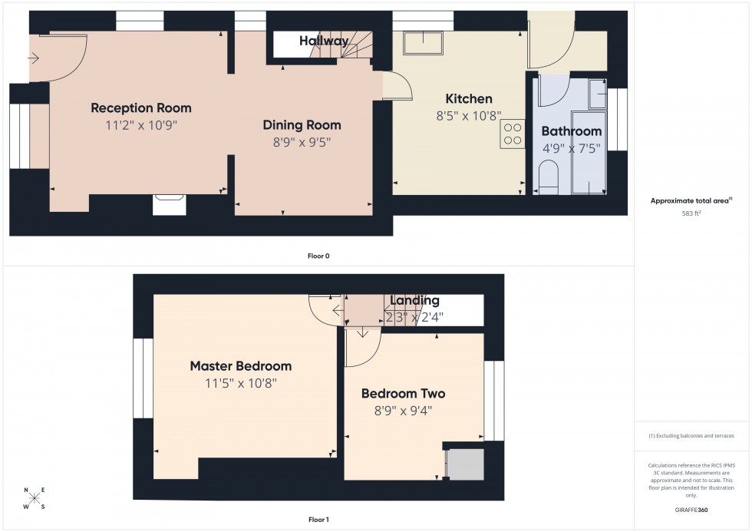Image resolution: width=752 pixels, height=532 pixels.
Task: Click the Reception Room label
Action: point(141,107)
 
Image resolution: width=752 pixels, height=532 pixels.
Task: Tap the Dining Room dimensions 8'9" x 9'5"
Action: point(302,142)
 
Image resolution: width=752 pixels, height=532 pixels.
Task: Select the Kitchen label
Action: point(469,99)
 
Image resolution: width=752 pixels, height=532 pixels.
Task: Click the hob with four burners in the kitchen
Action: point(512,135)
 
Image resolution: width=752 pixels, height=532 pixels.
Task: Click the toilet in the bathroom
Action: point(549,178)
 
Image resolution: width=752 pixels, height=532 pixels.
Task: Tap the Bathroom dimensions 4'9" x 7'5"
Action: point(571,148)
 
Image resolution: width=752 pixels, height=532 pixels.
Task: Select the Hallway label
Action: point(324,41)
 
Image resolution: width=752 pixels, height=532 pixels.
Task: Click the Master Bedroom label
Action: point(240,366)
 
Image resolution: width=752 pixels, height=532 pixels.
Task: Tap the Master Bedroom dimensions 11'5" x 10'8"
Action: point(240,383)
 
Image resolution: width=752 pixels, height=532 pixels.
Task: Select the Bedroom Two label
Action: point(403,394)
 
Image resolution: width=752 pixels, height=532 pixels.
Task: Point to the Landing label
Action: point(414,301)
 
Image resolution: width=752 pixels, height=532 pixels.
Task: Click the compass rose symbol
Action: point(34,499)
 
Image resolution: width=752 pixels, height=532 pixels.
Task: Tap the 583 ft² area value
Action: point(692,213)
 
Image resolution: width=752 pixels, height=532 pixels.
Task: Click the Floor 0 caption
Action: point(318,256)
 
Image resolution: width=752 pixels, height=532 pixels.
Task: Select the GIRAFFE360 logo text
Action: point(692,510)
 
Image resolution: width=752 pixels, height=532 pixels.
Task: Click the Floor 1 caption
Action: point(318,520)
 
